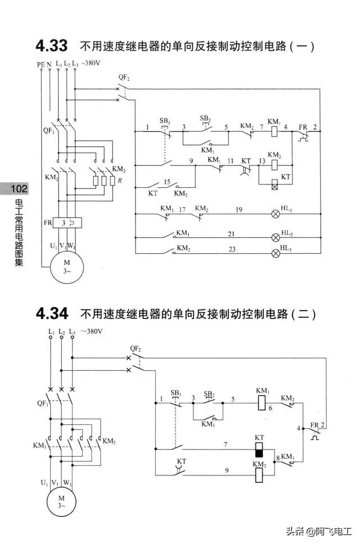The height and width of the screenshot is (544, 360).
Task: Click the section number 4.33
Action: tap(52, 46)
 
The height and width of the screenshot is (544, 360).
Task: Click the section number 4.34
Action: tap(52, 313)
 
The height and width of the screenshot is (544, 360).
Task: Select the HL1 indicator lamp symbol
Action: tap(276, 214)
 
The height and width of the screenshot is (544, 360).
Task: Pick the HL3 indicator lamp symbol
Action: tap(276, 253)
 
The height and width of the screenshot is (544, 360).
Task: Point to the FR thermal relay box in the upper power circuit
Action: tap(68, 223)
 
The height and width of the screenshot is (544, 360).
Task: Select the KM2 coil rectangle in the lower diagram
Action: tap(259, 475)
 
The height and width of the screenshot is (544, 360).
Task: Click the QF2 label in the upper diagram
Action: tap(124, 77)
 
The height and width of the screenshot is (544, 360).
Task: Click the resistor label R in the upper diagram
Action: tap(113, 181)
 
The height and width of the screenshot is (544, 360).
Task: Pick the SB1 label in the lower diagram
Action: tap(176, 392)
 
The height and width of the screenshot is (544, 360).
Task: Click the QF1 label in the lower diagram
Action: tap(43, 403)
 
